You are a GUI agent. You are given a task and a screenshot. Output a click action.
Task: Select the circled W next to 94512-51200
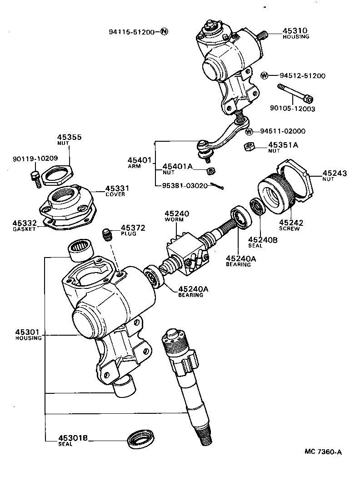265,75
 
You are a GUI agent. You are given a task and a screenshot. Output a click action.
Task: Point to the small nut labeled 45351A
249,146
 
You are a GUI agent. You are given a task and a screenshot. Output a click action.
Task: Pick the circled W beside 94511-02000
249,132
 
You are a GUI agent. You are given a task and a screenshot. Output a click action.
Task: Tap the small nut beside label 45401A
210,171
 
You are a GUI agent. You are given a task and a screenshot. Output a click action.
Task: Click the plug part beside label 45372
107,234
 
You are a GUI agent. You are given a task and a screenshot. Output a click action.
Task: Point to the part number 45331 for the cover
118,188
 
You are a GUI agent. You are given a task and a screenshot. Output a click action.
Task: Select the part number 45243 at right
335,173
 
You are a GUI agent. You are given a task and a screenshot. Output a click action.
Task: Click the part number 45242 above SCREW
291,223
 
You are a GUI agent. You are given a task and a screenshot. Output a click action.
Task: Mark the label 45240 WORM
177,215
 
